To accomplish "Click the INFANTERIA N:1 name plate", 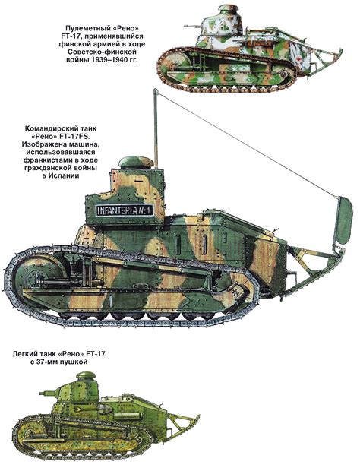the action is click(125, 210).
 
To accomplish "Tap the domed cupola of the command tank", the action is click(136, 162).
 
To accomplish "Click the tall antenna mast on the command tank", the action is click(156, 128).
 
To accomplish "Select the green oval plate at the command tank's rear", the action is click(344, 220).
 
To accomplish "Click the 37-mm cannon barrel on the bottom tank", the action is click(48, 392).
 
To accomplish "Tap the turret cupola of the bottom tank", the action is click(86, 375).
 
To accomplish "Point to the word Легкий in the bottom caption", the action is click(24, 354).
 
